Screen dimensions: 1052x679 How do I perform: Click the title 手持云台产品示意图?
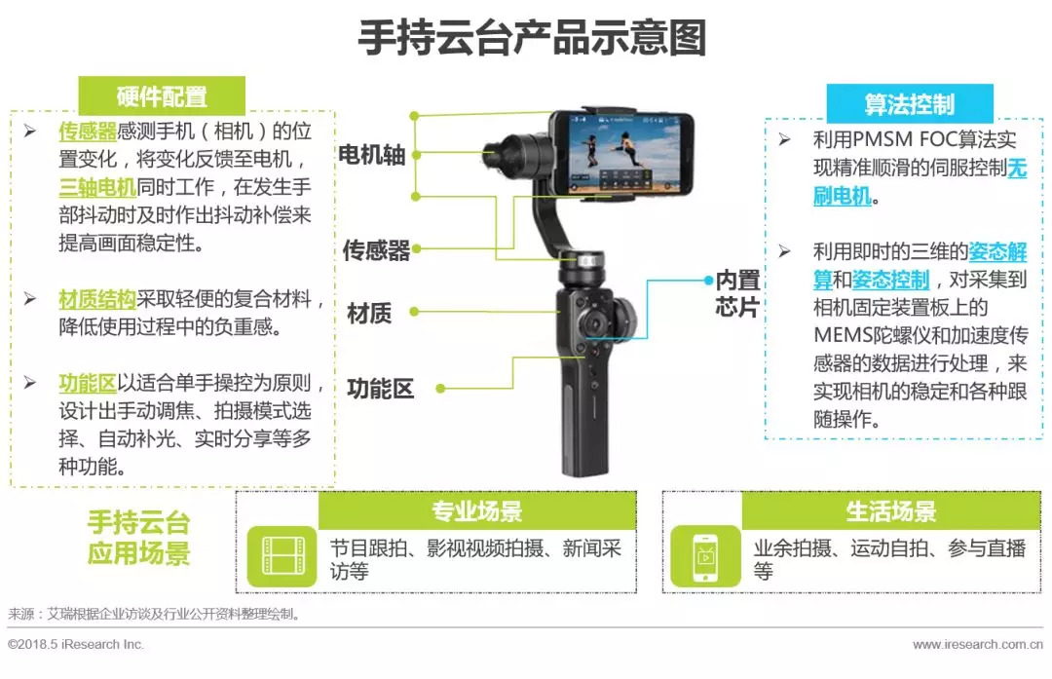click(532, 37)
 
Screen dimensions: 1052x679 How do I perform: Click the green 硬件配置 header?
click(162, 95)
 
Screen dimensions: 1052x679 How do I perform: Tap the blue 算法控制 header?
click(910, 104)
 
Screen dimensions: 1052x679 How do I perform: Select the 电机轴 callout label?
click(372, 155)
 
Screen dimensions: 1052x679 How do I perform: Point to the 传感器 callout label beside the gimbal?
click(376, 250)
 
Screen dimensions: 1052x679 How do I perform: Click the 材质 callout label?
click(369, 313)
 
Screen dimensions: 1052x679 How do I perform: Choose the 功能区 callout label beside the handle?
click(381, 389)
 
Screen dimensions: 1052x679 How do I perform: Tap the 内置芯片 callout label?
click(737, 293)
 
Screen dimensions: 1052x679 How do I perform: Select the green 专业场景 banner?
click(477, 510)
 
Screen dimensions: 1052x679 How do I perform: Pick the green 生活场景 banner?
click(891, 510)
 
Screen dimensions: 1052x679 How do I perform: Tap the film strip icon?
click(282, 556)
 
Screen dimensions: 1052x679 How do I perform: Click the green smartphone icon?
click(706, 556)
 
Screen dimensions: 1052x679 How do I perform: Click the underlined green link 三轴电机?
click(97, 187)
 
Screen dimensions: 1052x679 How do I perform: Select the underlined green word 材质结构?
click(97, 298)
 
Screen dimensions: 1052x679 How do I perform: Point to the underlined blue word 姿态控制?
click(891, 280)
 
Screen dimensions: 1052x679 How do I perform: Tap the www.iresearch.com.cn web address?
click(978, 644)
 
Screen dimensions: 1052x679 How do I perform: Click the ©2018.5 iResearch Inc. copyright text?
click(76, 644)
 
